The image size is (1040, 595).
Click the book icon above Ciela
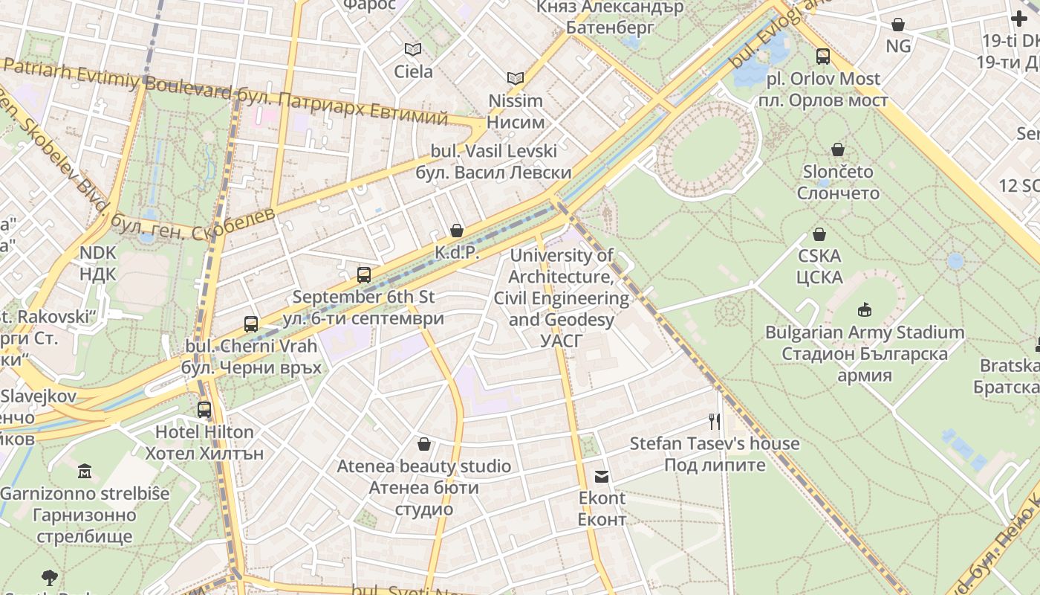(413, 49)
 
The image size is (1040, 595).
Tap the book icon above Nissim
(516, 78)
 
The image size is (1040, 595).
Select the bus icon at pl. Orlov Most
(822, 56)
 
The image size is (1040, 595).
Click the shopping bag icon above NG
(897, 24)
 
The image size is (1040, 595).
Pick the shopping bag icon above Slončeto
(838, 149)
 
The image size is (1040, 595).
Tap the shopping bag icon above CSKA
(819, 234)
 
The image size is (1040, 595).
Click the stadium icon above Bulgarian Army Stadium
(864, 309)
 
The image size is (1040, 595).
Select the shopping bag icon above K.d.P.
(457, 231)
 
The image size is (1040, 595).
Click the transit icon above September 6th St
(363, 274)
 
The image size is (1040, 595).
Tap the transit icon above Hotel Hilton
(204, 409)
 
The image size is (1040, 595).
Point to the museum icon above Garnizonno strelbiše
(84, 471)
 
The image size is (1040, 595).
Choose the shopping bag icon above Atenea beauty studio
(423, 444)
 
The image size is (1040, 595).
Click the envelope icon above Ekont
(602, 476)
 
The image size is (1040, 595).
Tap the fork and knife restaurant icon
(715, 422)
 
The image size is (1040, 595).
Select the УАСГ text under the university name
(561, 341)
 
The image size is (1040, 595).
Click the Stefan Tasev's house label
(715, 444)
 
